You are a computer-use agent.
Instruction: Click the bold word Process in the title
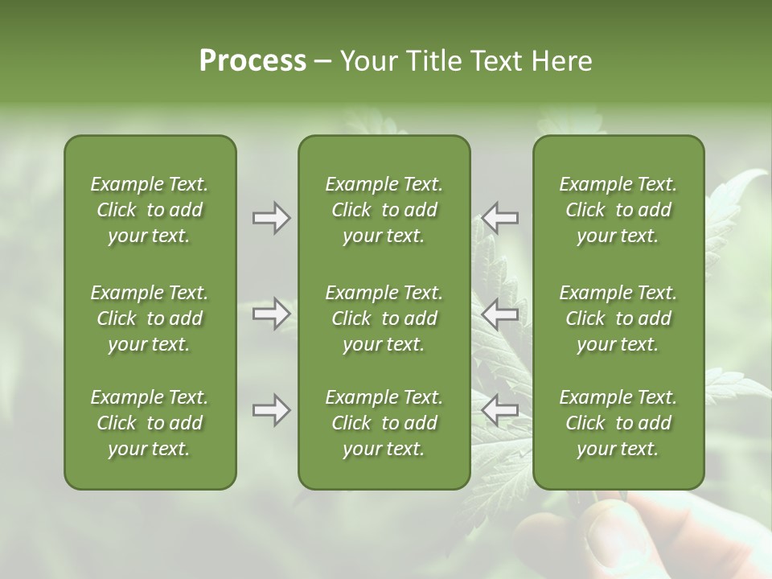(253, 61)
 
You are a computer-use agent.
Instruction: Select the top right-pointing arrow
(271, 218)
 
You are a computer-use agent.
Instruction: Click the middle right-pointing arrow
(271, 314)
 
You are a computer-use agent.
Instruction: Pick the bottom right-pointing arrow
(271, 411)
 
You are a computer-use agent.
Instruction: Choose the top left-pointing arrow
(500, 218)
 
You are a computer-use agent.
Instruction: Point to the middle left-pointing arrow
(500, 314)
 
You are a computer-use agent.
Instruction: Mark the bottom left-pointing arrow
(500, 411)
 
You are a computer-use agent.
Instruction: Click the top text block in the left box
(150, 210)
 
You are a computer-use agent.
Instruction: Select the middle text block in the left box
(150, 318)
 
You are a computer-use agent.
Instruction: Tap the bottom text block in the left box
(150, 423)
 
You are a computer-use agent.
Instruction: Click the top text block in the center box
(384, 210)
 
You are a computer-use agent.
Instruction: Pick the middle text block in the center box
(384, 318)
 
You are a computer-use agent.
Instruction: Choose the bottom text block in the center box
(384, 423)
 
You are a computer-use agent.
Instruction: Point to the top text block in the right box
(618, 210)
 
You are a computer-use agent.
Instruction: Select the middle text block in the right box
(618, 318)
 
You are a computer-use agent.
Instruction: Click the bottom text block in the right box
(618, 423)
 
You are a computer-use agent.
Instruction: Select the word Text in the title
(498, 61)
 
